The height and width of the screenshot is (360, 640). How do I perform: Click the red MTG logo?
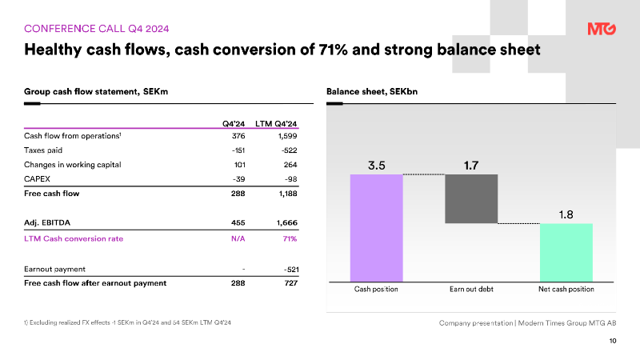click(602, 29)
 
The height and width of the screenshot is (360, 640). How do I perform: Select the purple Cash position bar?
click(376, 228)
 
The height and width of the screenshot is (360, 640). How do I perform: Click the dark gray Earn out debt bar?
click(471, 198)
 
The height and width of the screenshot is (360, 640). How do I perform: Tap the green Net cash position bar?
click(566, 252)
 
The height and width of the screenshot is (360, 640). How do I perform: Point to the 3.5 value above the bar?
click(376, 166)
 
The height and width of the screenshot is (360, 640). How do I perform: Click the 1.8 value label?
click(566, 214)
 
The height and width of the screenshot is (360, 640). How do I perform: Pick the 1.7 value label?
click(471, 166)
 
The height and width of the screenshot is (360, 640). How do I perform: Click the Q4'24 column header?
click(234, 124)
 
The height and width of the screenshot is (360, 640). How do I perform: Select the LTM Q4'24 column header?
click(276, 124)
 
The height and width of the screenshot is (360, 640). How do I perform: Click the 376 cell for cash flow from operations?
click(238, 136)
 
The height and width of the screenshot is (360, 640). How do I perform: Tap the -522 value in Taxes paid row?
click(289, 150)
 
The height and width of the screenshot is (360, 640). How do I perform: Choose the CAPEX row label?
click(37, 178)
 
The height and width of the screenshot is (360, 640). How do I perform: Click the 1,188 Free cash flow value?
click(288, 194)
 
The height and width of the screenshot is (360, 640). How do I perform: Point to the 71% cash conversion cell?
click(290, 238)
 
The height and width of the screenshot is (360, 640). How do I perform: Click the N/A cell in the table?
click(238, 238)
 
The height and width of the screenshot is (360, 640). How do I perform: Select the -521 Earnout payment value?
click(291, 270)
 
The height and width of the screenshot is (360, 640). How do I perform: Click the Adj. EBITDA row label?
click(47, 222)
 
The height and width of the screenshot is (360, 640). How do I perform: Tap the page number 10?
click(613, 341)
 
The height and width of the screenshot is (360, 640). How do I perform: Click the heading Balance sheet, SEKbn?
click(372, 91)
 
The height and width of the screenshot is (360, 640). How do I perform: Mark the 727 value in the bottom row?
click(291, 283)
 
